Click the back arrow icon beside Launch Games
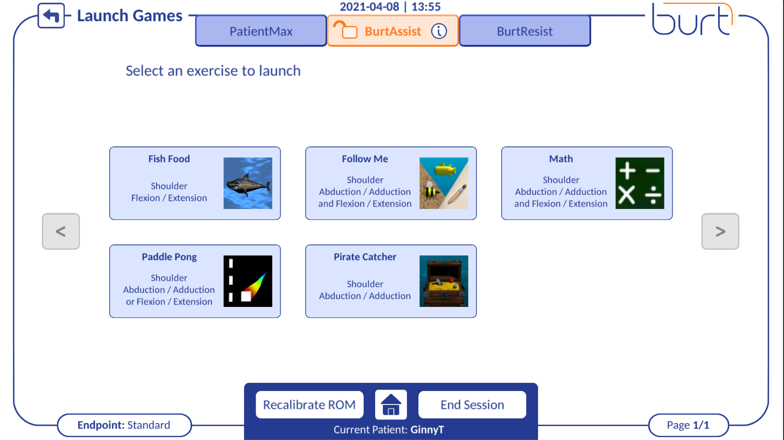point(51,16)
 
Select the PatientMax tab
point(261,31)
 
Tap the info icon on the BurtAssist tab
point(439,31)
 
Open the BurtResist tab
point(525,31)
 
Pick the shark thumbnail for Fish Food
point(248,183)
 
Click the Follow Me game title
point(365,159)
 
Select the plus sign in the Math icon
point(627,171)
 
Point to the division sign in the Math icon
point(653,196)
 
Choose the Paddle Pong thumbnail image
point(248,281)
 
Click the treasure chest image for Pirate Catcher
point(444,281)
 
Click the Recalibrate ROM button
point(309,405)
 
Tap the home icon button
point(391,405)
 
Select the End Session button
point(472,405)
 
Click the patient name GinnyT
point(427,430)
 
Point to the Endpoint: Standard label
point(124,425)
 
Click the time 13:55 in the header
point(426,7)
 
